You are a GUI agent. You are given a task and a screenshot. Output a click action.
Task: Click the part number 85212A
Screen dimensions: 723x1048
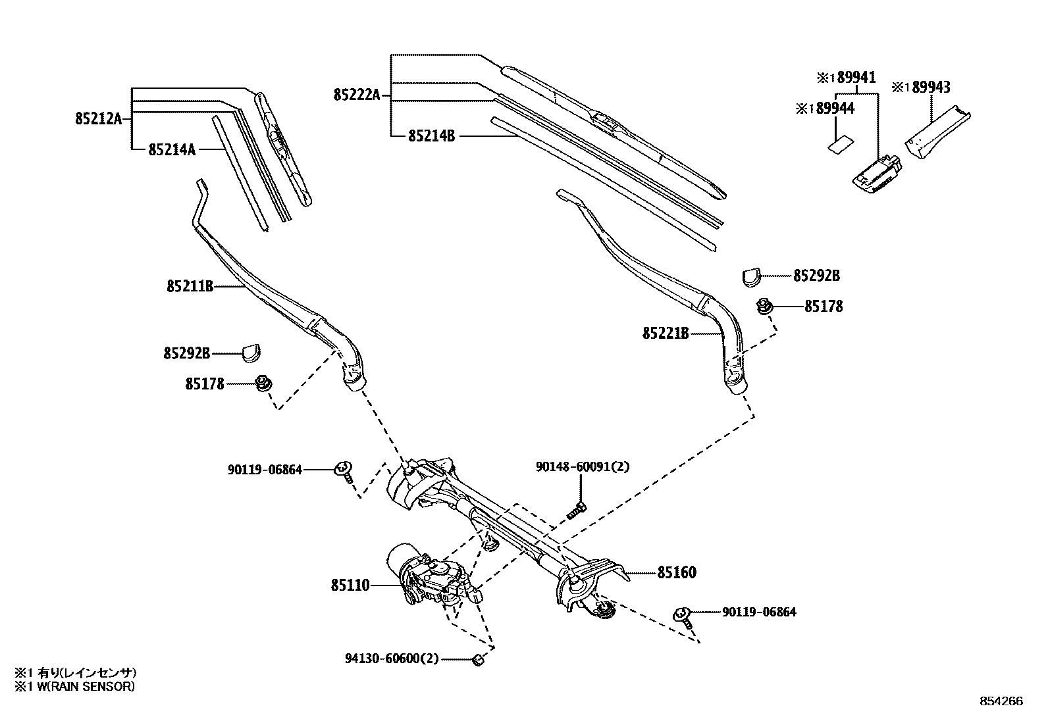click(x=99, y=118)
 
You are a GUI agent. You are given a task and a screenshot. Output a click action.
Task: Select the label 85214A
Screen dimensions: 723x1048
click(x=172, y=150)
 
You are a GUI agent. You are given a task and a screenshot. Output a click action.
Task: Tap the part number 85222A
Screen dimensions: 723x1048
click(x=357, y=95)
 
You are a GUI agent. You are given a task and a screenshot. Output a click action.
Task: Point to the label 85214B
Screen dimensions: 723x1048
click(x=431, y=136)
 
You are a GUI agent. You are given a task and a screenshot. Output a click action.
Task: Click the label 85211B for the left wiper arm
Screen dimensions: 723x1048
click(x=190, y=287)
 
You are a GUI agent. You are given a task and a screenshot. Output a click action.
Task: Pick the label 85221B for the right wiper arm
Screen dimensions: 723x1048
click(x=666, y=334)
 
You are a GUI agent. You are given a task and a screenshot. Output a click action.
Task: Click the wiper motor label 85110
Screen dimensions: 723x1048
click(x=350, y=584)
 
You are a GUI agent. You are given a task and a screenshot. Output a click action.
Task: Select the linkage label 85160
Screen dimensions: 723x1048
click(x=676, y=572)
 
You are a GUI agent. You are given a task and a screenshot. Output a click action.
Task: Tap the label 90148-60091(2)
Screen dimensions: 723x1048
click(x=582, y=466)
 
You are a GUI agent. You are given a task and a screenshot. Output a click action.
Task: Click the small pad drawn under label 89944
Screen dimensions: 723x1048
click(x=839, y=144)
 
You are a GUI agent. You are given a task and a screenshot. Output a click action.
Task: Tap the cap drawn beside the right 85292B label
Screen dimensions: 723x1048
click(x=750, y=277)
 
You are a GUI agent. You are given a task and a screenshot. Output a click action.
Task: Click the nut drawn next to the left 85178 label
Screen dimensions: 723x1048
click(x=263, y=383)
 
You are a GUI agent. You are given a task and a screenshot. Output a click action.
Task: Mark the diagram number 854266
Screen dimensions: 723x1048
click(x=1001, y=701)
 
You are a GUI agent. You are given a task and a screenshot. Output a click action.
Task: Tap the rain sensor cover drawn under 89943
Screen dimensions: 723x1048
click(x=935, y=135)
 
